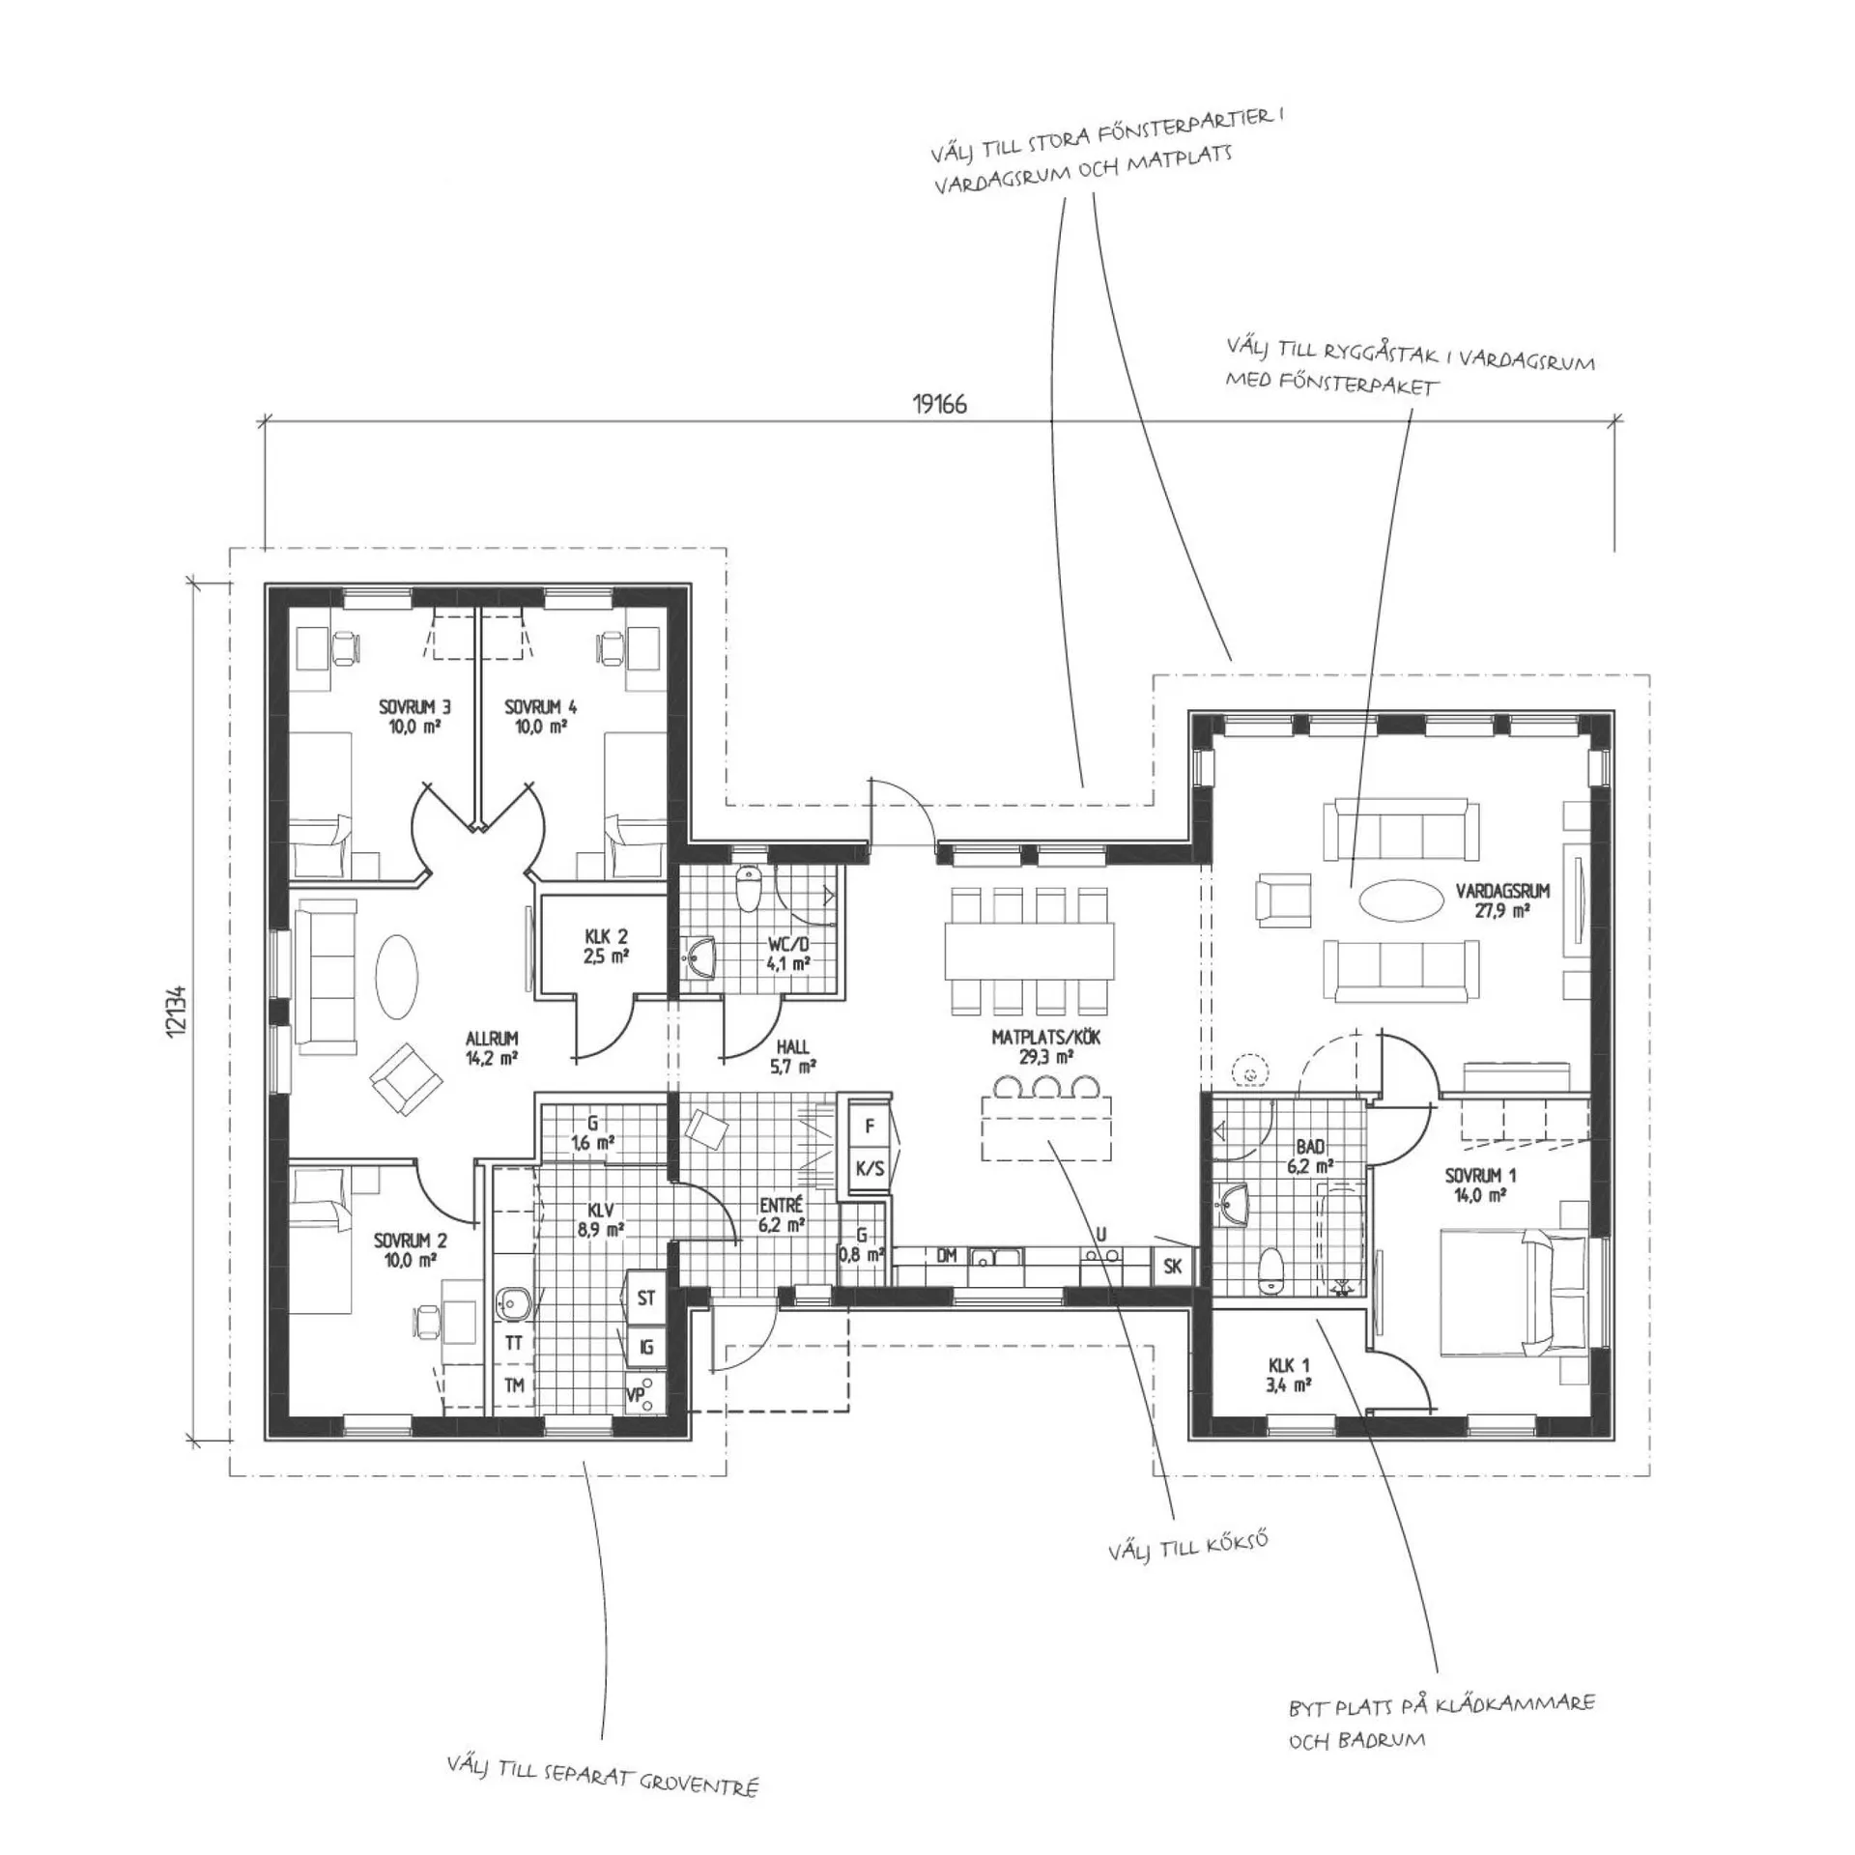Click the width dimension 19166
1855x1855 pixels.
click(939, 404)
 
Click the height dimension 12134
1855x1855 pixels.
click(175, 1012)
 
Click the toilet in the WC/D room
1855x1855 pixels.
click(748, 889)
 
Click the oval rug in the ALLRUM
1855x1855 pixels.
click(396, 976)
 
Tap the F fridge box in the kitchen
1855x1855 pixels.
click(870, 1126)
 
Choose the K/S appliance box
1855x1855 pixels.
click(870, 1168)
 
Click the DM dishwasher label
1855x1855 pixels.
click(946, 1256)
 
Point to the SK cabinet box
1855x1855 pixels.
click(1174, 1266)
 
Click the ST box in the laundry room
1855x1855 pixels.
click(646, 1298)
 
